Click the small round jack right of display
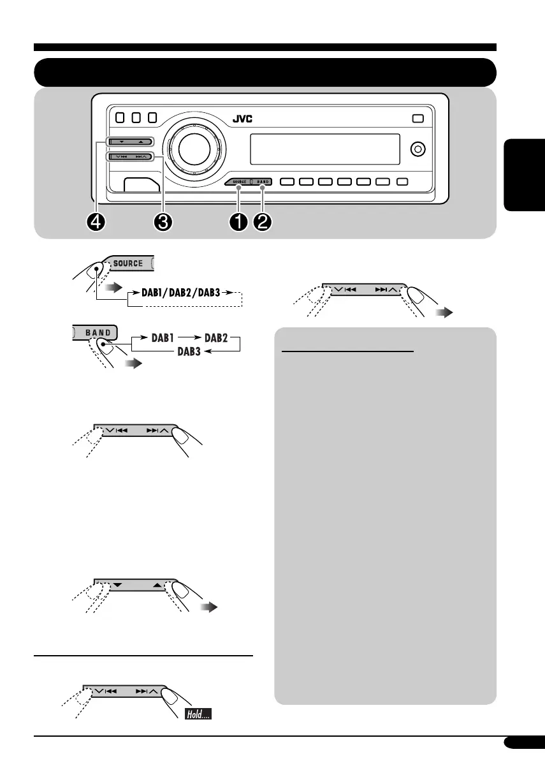tap(418, 150)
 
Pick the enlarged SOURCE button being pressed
tap(128, 263)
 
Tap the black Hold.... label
tap(198, 715)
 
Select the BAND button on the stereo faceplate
tap(263, 182)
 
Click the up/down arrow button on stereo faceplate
tap(129, 142)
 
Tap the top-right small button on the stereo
tap(419, 118)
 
